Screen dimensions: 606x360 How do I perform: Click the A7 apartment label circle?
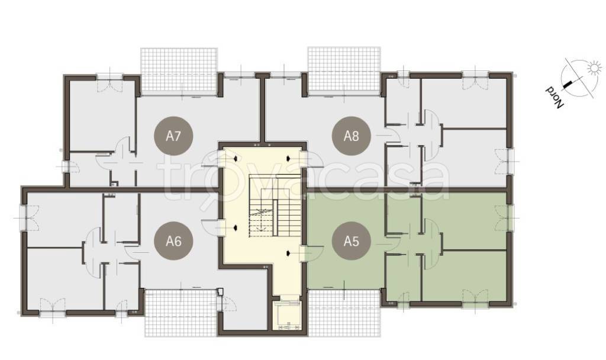(x=173, y=136)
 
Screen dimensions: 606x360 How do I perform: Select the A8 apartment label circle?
(x=352, y=136)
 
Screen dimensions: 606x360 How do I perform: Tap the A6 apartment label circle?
(x=173, y=241)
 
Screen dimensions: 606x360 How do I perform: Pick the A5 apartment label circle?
(x=352, y=241)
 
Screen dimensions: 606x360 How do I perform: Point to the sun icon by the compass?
(x=594, y=68)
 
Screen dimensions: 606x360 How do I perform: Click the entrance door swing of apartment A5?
(x=312, y=253)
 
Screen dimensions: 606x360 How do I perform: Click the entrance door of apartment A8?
(x=312, y=160)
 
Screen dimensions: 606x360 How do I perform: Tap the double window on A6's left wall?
(x=26, y=218)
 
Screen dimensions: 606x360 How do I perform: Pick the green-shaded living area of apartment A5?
(x=345, y=240)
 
